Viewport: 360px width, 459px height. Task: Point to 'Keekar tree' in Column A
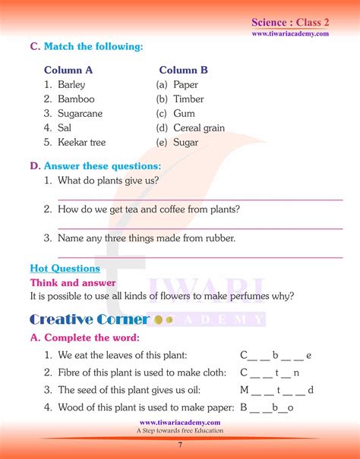coord(82,143)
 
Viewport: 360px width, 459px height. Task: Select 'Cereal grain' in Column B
coord(199,128)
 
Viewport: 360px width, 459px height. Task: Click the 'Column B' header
coord(183,70)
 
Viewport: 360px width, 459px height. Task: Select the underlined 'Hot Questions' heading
coord(65,269)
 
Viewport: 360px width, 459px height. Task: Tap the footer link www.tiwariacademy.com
coord(180,423)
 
